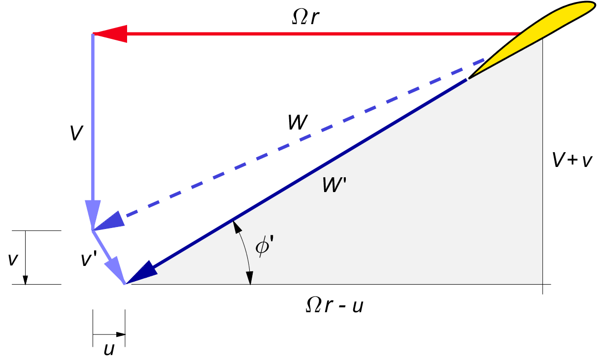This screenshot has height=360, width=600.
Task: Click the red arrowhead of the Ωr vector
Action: pos(110,33)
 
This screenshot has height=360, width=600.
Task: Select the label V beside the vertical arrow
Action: pos(75,133)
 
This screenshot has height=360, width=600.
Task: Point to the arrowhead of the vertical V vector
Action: pos(93,214)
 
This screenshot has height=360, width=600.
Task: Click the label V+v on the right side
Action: pos(571,160)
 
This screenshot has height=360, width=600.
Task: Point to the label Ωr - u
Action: pos(335,306)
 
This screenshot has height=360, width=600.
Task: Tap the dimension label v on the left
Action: pos(13,258)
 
